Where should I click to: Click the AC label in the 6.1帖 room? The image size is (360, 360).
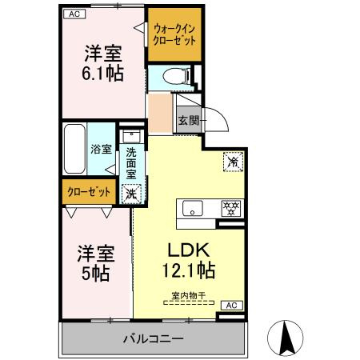(72, 14)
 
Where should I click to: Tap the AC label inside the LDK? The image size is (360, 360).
(229, 306)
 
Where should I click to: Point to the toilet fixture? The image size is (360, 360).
(173, 78)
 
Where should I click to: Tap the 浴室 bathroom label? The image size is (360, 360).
(100, 149)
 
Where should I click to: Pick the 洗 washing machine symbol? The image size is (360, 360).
(131, 192)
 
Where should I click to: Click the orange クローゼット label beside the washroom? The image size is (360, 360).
(86, 192)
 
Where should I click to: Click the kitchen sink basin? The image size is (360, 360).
(194, 208)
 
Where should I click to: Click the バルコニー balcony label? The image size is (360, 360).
(153, 338)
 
